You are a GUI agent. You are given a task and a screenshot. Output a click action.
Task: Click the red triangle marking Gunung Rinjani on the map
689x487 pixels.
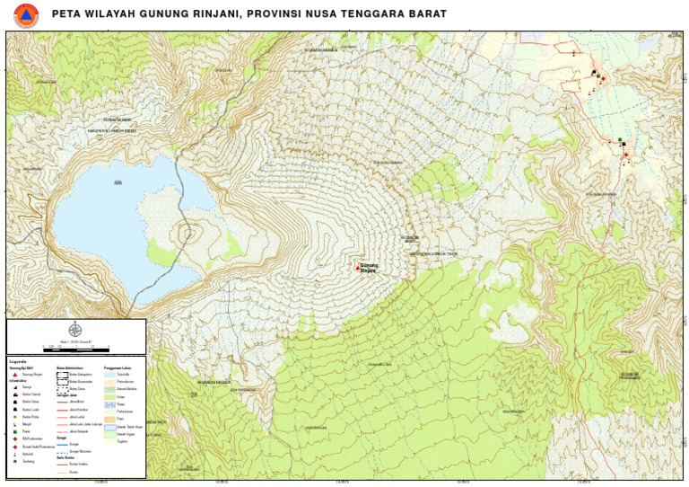click(356, 267)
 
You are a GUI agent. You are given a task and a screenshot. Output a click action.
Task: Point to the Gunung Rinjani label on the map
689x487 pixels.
click(369, 268)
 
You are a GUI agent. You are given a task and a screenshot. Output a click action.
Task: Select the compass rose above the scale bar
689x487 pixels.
click(74, 330)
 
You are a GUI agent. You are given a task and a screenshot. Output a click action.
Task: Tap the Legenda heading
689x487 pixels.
click(18, 361)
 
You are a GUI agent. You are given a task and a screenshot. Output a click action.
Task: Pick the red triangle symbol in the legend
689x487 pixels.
click(13, 374)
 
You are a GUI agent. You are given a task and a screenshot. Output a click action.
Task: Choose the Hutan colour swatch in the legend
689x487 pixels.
click(109, 395)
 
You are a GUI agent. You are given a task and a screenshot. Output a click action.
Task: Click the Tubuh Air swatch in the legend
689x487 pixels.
click(109, 374)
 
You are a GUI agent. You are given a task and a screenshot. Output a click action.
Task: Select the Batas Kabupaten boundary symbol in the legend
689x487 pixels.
click(62, 374)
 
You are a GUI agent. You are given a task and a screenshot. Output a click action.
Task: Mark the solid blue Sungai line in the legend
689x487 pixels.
click(62, 443)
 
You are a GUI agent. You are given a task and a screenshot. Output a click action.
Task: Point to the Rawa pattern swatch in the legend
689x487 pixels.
click(109, 403)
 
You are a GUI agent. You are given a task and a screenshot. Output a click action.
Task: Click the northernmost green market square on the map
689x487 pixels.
click(620, 139)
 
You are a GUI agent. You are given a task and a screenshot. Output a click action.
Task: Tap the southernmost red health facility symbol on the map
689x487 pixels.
click(624, 155)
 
